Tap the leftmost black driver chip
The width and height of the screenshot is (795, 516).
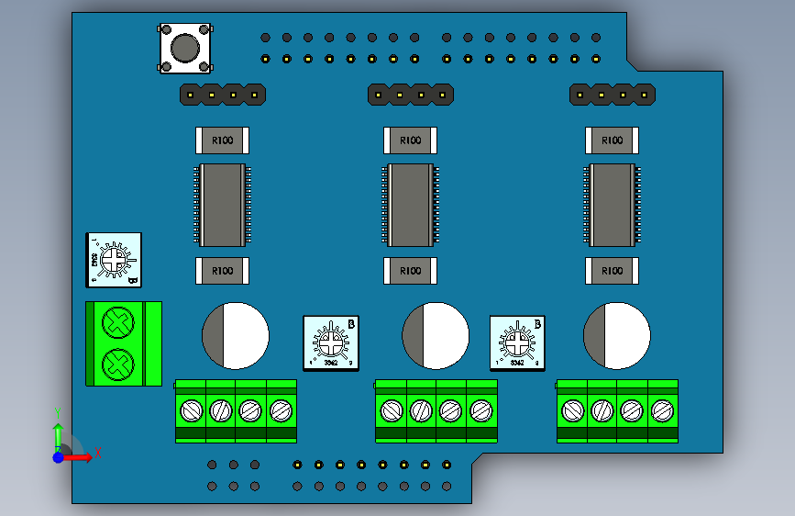222,205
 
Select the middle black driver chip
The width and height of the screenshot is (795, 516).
410,205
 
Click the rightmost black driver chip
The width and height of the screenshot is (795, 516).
612,205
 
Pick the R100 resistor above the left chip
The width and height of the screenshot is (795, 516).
223,140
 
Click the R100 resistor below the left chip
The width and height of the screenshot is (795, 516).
223,271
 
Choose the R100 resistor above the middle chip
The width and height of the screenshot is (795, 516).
410,140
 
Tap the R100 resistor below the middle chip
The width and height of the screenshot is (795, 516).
410,271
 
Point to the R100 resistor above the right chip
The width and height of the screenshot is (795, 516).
612,140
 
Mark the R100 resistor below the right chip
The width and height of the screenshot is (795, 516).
612,271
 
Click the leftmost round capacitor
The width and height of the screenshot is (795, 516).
235,335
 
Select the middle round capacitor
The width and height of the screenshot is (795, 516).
436,335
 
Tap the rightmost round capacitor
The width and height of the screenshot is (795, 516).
616,335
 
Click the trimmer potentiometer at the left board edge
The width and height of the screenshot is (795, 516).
114,260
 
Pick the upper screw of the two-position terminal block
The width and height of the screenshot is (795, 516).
116,322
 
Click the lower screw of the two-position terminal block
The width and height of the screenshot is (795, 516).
116,364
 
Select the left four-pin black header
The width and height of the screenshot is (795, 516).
222,94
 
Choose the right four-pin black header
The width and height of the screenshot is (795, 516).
613,94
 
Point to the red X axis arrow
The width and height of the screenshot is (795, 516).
83,456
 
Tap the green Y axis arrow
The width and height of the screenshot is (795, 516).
58,432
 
